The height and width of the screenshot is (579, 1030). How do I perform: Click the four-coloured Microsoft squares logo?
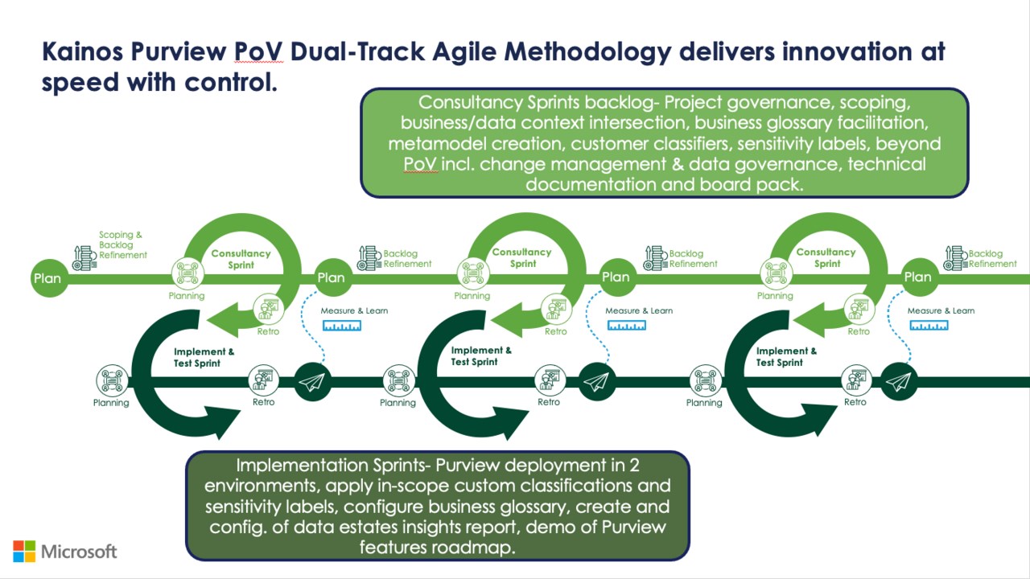coord(24,551)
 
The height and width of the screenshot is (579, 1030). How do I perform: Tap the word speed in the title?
coord(77,82)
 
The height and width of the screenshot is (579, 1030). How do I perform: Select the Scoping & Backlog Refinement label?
coord(122,244)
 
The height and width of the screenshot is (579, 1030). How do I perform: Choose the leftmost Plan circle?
coord(47,278)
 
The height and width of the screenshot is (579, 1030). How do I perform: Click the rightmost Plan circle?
coord(917,277)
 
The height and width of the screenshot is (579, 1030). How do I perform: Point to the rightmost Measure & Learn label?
coord(941,310)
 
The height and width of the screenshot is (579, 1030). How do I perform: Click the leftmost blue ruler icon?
coord(342,326)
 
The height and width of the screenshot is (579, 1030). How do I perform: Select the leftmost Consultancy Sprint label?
coord(241,259)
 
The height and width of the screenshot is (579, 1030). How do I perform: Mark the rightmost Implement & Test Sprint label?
coord(786,356)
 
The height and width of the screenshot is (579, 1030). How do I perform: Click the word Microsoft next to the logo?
coord(79,551)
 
